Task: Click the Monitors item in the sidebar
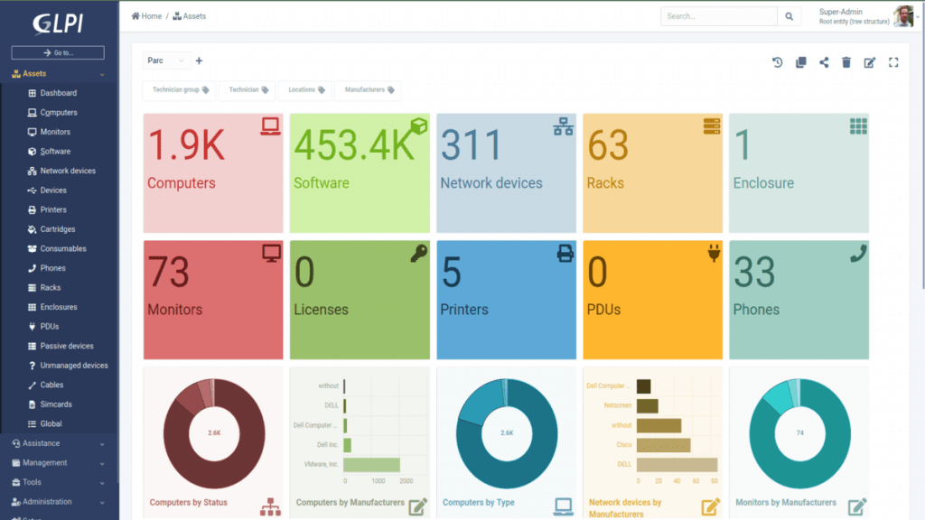coord(54,132)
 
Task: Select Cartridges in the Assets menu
coord(57,229)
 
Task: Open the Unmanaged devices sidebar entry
coord(73,366)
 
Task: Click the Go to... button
coord(58,53)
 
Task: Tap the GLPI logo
coord(59,23)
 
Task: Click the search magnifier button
coord(789,16)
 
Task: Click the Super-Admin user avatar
coord(902,16)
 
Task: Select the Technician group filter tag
coord(180,90)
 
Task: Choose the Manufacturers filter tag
coord(368,90)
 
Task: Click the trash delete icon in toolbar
coord(846,62)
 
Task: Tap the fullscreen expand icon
coord(893,62)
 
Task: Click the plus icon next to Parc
coord(199,61)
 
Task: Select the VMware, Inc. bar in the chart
coord(371,465)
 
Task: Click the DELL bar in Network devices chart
coord(677,465)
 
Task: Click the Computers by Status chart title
coord(189,502)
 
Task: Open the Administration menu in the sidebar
coord(59,502)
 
